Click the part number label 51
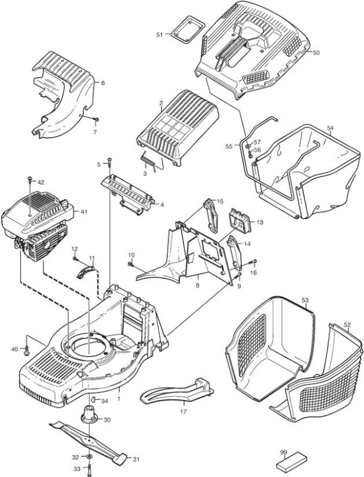pyautogui.click(x=160, y=35)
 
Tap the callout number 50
pyautogui.click(x=316, y=52)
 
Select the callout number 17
pyautogui.click(x=183, y=411)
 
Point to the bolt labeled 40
pyautogui.click(x=26, y=351)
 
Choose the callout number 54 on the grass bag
pyautogui.click(x=331, y=128)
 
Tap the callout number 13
pyautogui.click(x=260, y=222)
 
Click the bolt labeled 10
pyautogui.click(x=131, y=264)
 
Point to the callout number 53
pyautogui.click(x=305, y=301)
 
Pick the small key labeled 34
pyautogui.click(x=94, y=399)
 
